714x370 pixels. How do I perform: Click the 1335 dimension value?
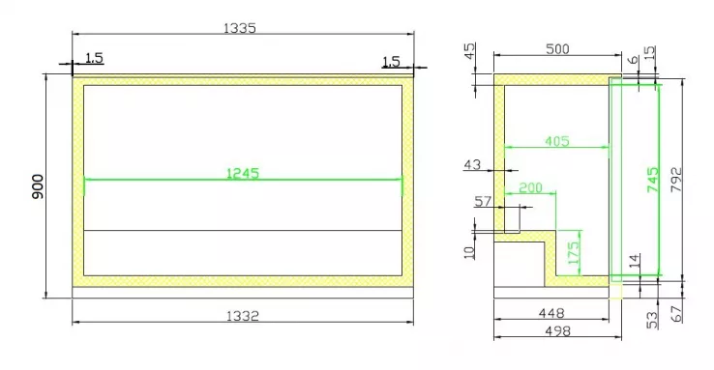tap(240, 28)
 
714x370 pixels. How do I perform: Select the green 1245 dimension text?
tap(243, 173)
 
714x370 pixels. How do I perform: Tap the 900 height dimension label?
tap(38, 186)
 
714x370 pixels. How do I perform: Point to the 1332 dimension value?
tap(243, 316)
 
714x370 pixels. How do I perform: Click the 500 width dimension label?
tap(557, 49)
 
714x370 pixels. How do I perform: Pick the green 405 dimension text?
tap(557, 141)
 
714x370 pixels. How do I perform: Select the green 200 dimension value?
tap(530, 187)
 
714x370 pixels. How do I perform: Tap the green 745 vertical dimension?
tap(652, 180)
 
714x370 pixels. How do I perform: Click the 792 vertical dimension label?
tap(676, 180)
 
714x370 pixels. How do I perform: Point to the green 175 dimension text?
tap(575, 252)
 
